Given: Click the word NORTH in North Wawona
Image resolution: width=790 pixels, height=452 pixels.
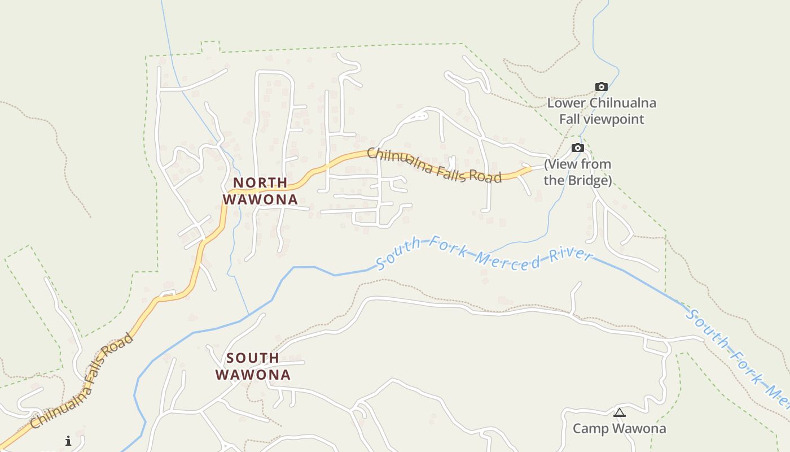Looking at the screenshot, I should pos(260,182).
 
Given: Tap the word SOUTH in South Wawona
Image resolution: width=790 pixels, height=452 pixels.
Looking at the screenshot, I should pos(253,358).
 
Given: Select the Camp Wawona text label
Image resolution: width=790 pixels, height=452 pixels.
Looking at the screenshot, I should pos(619,428).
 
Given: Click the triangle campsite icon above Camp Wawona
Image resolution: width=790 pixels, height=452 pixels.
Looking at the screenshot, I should pos(620,413).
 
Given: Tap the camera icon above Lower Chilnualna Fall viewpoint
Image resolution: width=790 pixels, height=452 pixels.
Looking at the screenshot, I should pos(602,87).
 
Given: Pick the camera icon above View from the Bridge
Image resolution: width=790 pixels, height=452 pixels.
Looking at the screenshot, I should pos(577,148).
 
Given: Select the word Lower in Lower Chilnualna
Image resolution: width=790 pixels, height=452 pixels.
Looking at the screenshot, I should pos(567,103).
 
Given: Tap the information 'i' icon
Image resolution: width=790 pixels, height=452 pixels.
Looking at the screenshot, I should pos(68,441).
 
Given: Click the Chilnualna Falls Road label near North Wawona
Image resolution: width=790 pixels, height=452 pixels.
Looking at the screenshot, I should pos(434,165).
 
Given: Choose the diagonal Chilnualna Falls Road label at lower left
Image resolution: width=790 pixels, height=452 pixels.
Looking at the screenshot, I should pos(82,381).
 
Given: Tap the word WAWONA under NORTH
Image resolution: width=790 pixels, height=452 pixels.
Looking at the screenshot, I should pos(260,199).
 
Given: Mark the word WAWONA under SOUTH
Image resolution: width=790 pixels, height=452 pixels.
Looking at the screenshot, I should pos(253,375).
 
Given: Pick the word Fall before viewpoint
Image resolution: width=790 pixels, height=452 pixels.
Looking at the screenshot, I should pos(571,119).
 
